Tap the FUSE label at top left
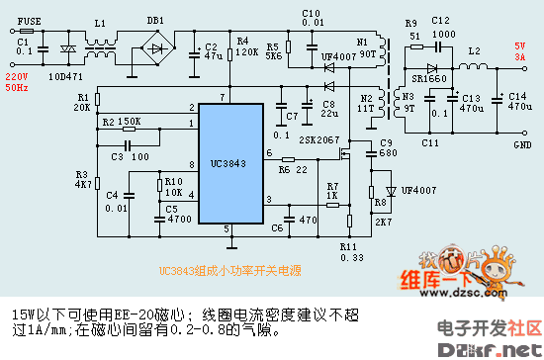(x=30, y=20)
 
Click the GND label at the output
(x=521, y=144)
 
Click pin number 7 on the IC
(x=226, y=96)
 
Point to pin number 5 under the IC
(x=227, y=228)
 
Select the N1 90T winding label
(x=365, y=46)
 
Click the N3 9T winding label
(x=408, y=102)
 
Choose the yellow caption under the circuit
(x=217, y=270)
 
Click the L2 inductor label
(x=474, y=49)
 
